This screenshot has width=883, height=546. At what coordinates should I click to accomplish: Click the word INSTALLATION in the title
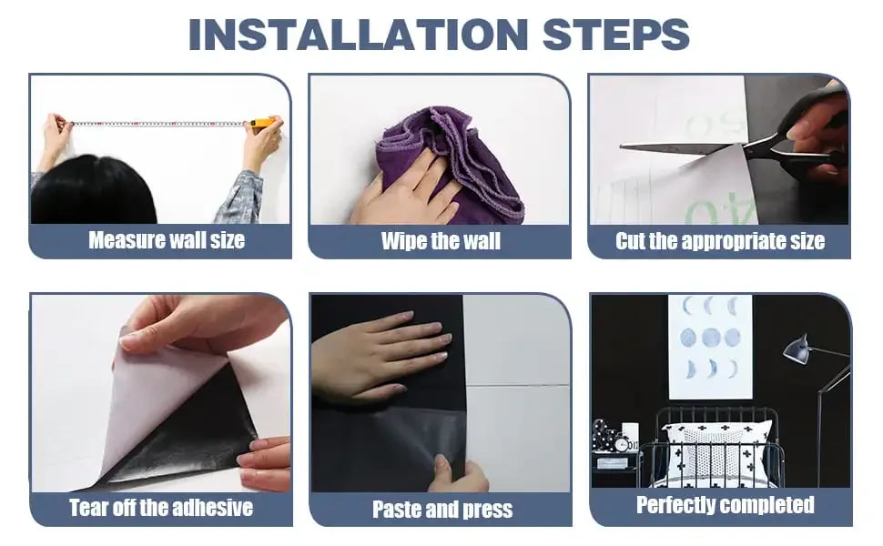tap(358, 35)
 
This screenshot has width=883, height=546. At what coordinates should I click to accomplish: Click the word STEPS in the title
tap(616, 35)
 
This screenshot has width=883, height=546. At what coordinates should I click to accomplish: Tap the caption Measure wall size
tap(167, 240)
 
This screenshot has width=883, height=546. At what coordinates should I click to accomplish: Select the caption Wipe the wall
tap(441, 241)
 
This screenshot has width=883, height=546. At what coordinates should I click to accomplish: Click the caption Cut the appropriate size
tap(720, 241)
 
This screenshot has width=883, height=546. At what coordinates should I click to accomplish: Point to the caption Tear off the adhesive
tap(161, 508)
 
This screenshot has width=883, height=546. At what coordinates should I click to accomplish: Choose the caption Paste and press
tap(442, 510)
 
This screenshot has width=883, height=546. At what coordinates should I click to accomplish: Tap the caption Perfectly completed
tap(726, 505)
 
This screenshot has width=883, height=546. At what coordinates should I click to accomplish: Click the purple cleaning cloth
tap(451, 163)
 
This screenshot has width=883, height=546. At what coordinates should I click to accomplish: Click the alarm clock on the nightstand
tap(623, 444)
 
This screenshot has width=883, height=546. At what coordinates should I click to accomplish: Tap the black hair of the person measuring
tap(93, 191)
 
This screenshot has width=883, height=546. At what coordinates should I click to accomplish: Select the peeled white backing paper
tap(163, 405)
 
